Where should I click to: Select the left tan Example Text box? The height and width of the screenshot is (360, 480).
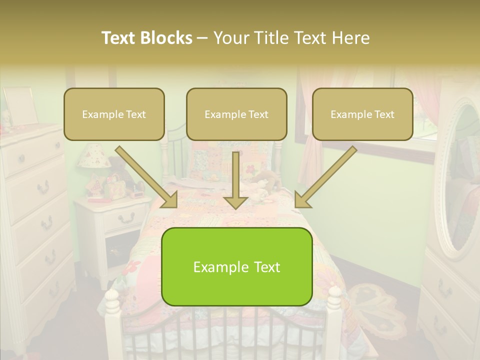tap(114, 114)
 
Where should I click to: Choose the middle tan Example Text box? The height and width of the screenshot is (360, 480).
tap(236, 114)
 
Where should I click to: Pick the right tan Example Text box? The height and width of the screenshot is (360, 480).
tap(362, 114)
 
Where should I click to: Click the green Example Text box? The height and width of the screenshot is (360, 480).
tap(236, 267)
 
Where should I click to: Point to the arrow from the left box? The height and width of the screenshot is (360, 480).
tap(148, 178)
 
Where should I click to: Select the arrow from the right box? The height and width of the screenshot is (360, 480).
tap(325, 178)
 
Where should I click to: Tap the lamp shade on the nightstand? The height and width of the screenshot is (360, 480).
tap(91, 155)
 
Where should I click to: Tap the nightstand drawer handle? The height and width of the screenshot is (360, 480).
tap(127, 218)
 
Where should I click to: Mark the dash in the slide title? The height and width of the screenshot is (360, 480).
tap(202, 38)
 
